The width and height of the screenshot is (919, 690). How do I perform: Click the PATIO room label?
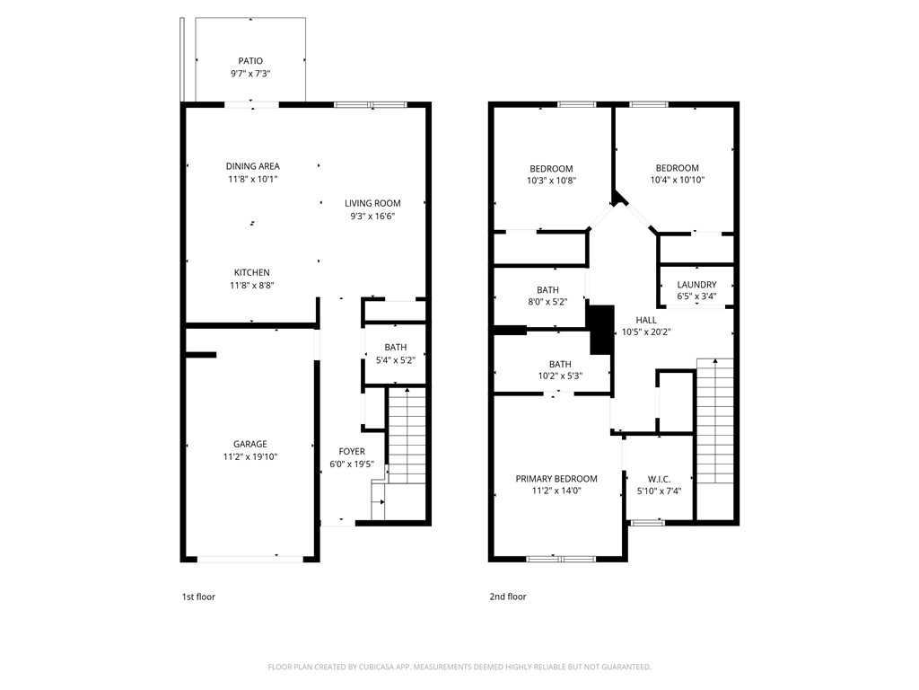(x=250, y=61)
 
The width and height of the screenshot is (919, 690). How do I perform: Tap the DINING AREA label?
(x=252, y=166)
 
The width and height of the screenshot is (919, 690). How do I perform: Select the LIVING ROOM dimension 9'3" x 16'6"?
(x=372, y=217)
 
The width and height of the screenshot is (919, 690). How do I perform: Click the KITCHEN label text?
(x=251, y=273)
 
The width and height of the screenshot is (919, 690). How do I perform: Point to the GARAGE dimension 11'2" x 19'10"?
(x=251, y=456)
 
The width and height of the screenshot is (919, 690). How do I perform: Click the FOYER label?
(x=352, y=451)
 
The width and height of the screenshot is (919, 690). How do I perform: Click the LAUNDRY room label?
(x=696, y=285)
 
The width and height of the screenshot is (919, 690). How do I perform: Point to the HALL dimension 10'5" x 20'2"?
(x=646, y=332)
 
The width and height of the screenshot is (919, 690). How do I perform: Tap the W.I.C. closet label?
(x=659, y=479)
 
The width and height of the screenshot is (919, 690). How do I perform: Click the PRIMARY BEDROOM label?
(x=556, y=479)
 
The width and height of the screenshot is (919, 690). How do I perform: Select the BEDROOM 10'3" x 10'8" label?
(x=551, y=169)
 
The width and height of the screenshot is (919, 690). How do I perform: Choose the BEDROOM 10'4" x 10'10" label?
(x=677, y=168)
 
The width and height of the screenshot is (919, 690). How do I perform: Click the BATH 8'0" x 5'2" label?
(x=547, y=290)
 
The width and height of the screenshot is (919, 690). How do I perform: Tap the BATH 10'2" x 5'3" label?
(x=560, y=364)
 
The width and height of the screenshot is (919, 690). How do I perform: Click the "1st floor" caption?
(x=198, y=597)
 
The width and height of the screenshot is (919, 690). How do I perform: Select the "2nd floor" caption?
(x=508, y=597)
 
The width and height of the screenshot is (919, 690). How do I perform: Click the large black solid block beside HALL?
(x=600, y=329)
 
